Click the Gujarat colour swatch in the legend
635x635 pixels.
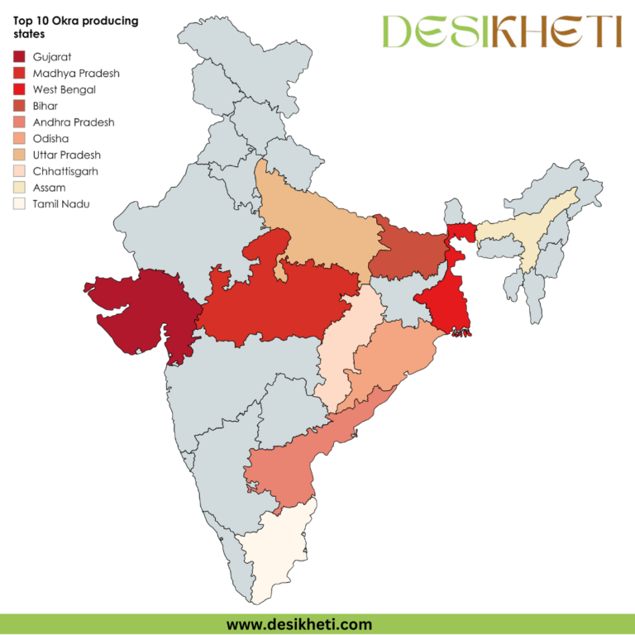tap(19, 57)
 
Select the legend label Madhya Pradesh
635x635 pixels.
tap(76, 74)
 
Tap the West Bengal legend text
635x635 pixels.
tap(64, 89)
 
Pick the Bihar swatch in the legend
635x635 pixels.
tap(19, 106)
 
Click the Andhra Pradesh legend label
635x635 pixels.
tap(74, 122)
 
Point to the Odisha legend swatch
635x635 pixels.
tap(19, 139)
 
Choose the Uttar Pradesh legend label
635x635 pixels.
tap(68, 155)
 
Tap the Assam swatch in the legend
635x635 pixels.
tap(19, 188)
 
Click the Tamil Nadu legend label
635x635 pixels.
tap(61, 203)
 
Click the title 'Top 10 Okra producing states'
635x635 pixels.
tap(75, 26)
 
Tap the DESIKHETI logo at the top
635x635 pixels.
tap(501, 31)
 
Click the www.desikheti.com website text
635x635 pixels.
tap(298, 624)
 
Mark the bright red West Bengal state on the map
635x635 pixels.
tap(442, 302)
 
